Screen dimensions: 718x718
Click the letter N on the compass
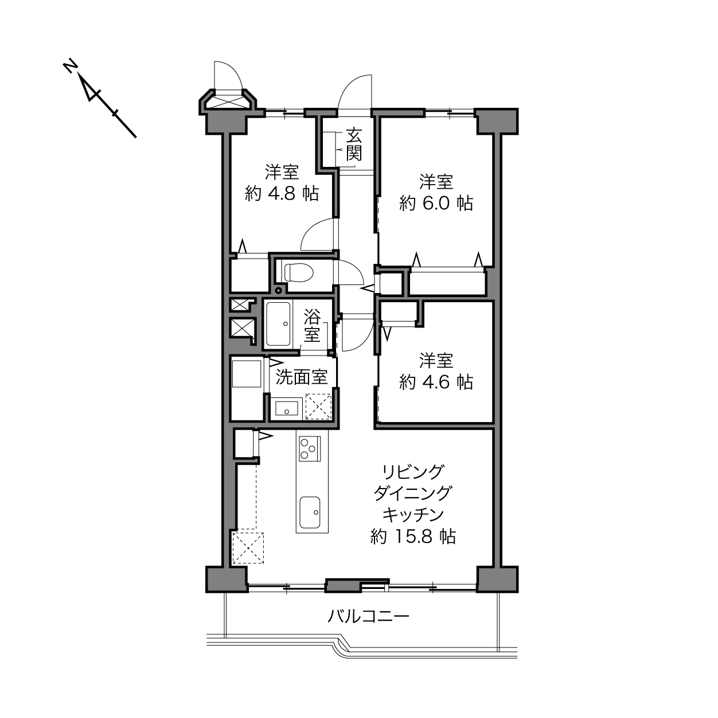[x=69, y=67]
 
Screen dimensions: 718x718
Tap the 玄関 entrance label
[x=354, y=144]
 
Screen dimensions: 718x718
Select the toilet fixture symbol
[x=298, y=272]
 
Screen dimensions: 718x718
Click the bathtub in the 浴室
[x=278, y=324]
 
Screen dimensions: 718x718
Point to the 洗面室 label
[x=302, y=377]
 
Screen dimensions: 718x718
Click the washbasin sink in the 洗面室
[x=287, y=408]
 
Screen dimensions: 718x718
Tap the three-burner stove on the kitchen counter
[x=310, y=449]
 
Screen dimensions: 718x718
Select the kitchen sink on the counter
[x=310, y=512]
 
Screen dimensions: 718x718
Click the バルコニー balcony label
[x=368, y=616]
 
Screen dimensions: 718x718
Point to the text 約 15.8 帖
[x=413, y=537]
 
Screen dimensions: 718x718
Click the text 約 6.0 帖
[x=436, y=204]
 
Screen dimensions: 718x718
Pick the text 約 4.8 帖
[x=282, y=194]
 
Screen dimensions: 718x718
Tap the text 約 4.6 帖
[x=436, y=382]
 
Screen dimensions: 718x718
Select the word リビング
[x=413, y=472]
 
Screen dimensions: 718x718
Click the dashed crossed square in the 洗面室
[x=318, y=406]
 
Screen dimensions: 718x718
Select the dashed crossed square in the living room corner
[x=248, y=548]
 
